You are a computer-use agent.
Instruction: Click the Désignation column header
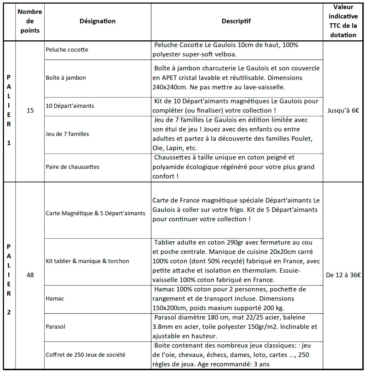click(97, 21)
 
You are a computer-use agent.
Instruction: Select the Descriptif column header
click(236, 21)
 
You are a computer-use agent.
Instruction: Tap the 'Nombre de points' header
click(30, 21)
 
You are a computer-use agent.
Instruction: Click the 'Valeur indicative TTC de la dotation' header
click(343, 21)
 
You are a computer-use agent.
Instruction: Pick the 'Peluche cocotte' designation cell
click(67, 50)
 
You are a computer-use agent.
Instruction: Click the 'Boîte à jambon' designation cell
click(66, 78)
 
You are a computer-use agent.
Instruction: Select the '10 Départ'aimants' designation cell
click(70, 106)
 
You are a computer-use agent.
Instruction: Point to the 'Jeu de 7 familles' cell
click(67, 134)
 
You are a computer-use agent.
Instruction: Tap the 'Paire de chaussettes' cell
click(73, 167)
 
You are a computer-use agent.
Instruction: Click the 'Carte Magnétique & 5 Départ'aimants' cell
click(95, 213)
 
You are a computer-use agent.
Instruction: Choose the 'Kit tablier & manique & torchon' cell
click(88, 261)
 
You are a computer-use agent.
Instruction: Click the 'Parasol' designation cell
click(55, 327)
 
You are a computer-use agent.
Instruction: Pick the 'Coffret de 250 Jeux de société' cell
click(86, 355)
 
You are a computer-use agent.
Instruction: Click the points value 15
click(30, 111)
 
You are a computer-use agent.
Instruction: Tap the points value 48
click(30, 275)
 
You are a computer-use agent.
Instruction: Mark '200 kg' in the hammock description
click(273, 308)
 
